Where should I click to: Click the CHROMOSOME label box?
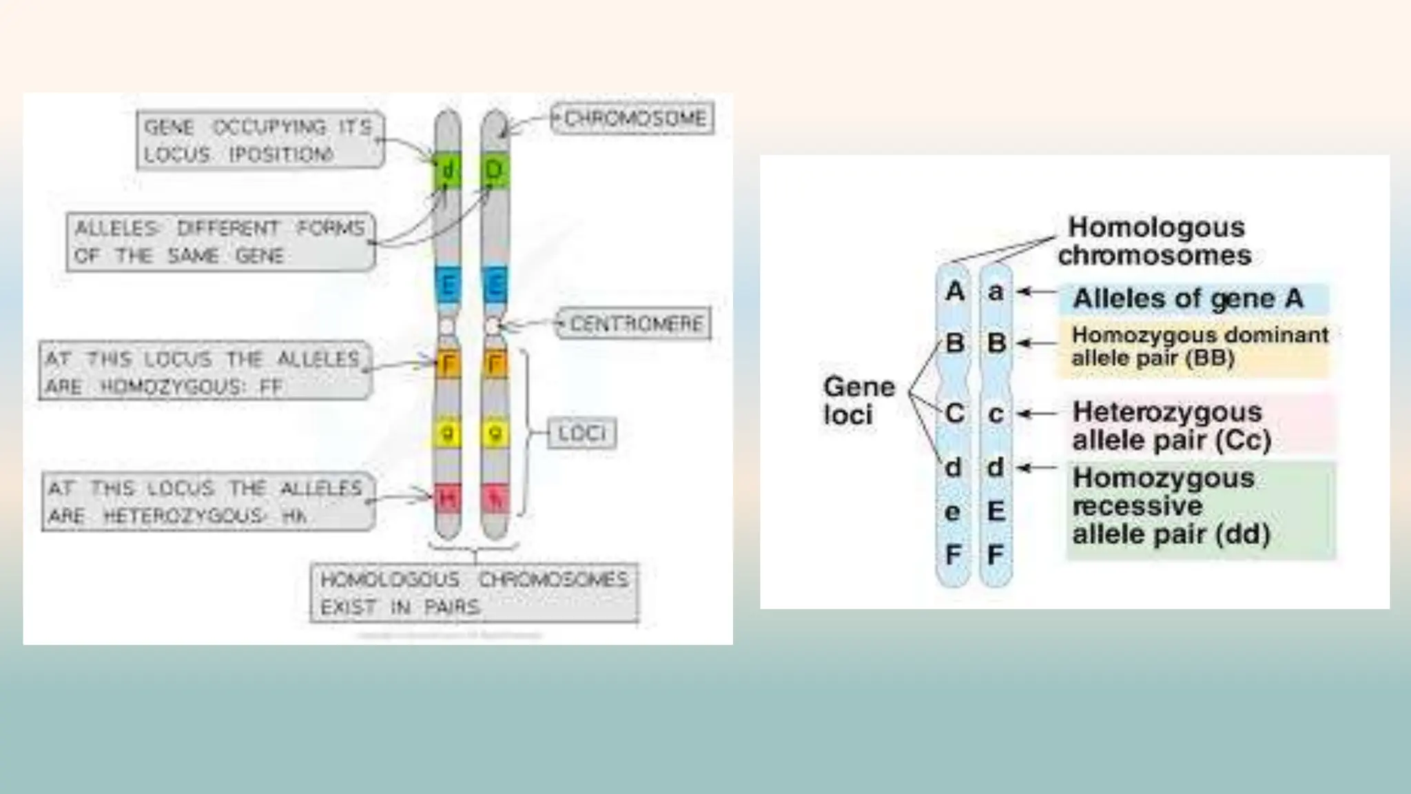tap(632, 119)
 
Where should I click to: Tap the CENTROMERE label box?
tap(634, 323)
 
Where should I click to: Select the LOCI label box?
tap(581, 433)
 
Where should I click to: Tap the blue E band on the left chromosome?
tap(448, 285)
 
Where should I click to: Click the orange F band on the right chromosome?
tap(495, 364)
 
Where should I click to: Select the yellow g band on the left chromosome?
tap(448, 434)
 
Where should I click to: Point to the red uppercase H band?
tap(448, 498)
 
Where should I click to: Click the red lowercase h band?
tap(495, 498)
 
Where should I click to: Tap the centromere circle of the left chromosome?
tap(447, 325)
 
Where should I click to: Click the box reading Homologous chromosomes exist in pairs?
tap(474, 593)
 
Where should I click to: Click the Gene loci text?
tap(858, 400)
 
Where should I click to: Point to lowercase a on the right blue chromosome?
tap(996, 292)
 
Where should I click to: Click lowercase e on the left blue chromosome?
tap(953, 512)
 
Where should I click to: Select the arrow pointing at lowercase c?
tap(1037, 414)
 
